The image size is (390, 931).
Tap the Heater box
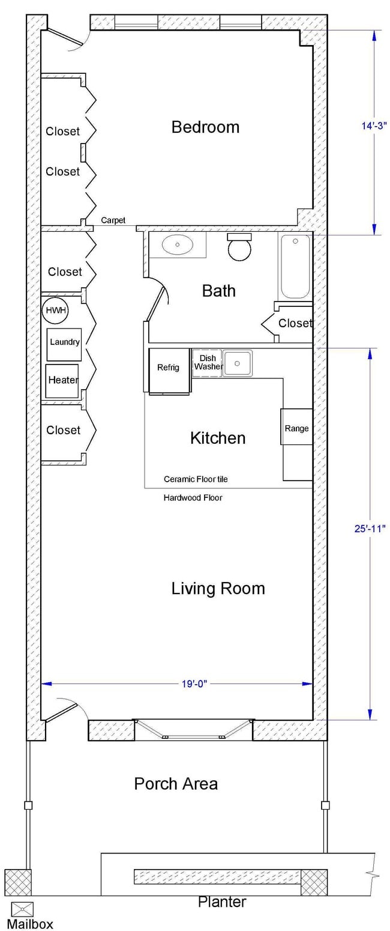(x=63, y=381)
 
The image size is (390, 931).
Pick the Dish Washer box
(x=207, y=363)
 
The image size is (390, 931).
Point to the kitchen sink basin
(x=238, y=363)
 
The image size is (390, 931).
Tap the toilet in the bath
(x=240, y=247)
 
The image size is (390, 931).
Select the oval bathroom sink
(x=177, y=244)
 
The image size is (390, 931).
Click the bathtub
(x=295, y=266)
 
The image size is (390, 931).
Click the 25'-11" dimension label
(x=370, y=529)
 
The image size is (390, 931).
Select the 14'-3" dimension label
(x=374, y=126)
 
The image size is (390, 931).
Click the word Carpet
(x=113, y=220)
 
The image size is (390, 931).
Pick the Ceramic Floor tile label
(x=196, y=479)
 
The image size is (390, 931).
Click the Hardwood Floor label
(x=193, y=497)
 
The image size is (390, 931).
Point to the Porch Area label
(x=176, y=783)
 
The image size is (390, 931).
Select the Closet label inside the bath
(x=295, y=323)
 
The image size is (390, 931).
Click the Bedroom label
(x=205, y=127)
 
